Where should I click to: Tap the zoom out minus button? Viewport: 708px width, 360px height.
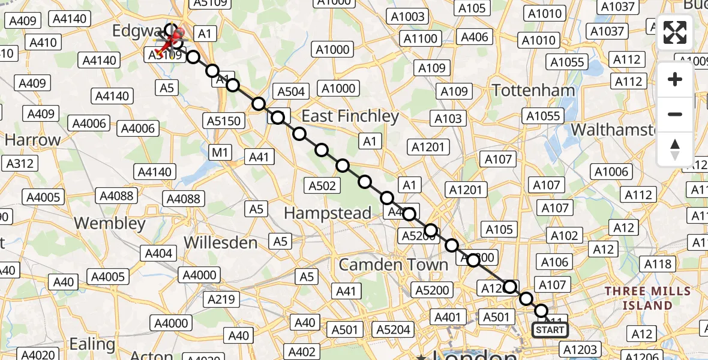click(x=675, y=114)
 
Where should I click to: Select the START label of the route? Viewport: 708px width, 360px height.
click(x=550, y=330)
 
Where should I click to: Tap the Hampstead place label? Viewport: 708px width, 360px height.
click(x=328, y=213)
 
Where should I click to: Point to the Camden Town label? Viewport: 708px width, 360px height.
click(x=394, y=265)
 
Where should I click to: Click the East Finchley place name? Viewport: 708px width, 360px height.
click(x=350, y=116)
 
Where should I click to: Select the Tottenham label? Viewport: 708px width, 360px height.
click(x=533, y=91)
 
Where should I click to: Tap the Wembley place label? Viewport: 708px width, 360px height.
click(x=110, y=223)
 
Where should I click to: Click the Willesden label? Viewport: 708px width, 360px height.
click(x=220, y=242)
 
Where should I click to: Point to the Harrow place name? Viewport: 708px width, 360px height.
click(x=32, y=140)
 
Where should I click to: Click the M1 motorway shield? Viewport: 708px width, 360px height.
click(x=220, y=152)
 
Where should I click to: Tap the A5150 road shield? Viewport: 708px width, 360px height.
click(x=224, y=121)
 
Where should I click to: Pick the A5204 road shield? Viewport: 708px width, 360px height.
click(x=393, y=329)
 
